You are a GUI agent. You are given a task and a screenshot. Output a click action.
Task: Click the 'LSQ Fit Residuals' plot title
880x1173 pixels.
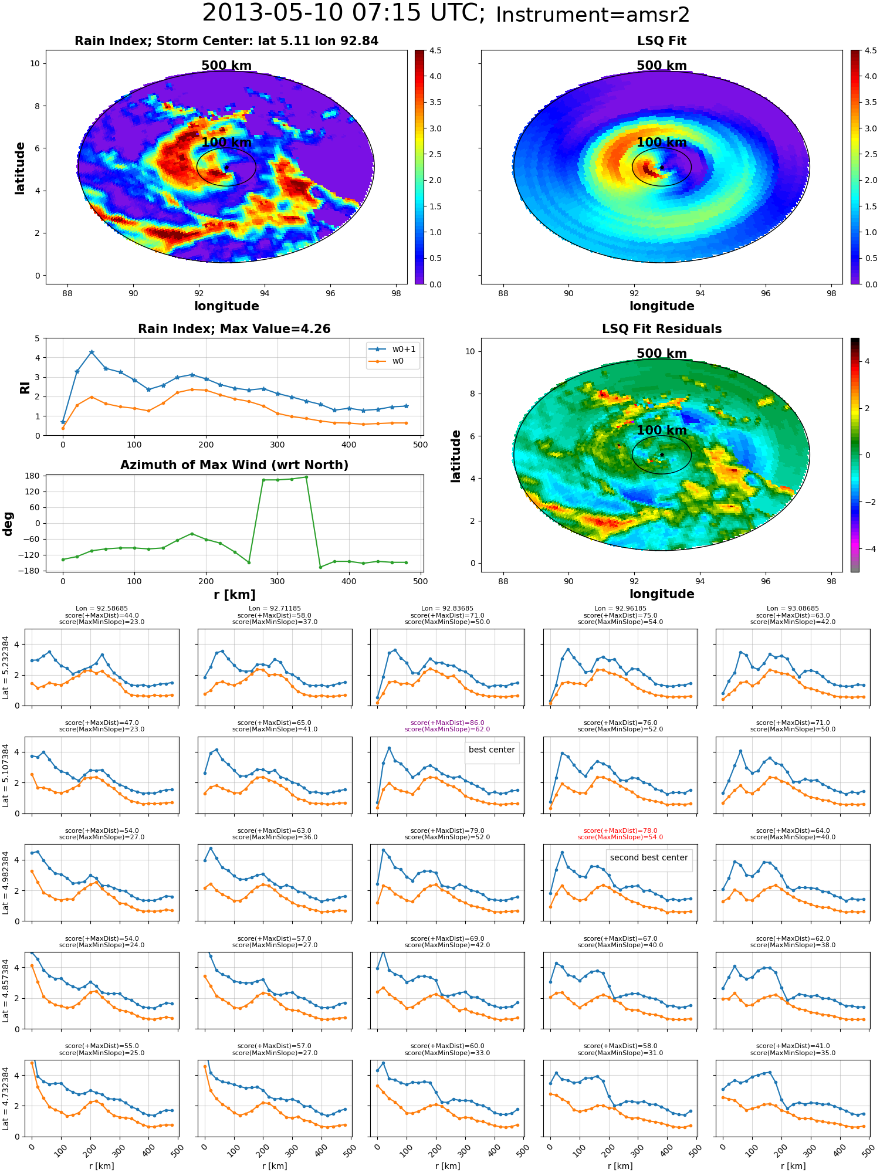tap(662, 329)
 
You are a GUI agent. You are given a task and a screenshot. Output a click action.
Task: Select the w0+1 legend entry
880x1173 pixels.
tap(392, 350)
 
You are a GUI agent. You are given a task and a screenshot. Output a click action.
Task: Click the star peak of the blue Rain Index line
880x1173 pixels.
tap(92, 352)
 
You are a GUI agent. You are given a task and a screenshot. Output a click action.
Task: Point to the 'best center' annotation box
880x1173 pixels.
tap(492, 750)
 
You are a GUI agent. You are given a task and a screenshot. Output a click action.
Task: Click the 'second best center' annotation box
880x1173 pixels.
tap(649, 858)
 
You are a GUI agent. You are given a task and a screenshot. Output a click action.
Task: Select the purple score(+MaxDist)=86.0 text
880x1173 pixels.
tap(448, 723)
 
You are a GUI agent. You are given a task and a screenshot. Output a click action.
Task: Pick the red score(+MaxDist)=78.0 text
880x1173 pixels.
tap(621, 830)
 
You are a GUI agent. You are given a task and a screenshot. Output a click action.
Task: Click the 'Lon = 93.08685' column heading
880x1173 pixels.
tap(793, 609)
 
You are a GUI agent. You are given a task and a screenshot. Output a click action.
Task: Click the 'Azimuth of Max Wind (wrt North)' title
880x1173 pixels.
tap(234, 465)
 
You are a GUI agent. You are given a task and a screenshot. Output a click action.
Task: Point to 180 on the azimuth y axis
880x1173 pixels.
tap(33, 476)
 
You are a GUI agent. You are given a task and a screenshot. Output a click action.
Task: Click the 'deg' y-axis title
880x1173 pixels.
tap(8, 524)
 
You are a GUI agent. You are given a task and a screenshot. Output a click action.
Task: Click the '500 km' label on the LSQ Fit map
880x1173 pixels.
tap(662, 66)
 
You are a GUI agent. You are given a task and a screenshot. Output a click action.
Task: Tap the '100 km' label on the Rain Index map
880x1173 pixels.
tap(226, 143)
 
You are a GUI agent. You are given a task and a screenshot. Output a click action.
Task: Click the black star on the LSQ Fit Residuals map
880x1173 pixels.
tap(662, 455)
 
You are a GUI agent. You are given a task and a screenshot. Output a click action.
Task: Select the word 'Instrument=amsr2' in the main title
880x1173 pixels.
tap(593, 15)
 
